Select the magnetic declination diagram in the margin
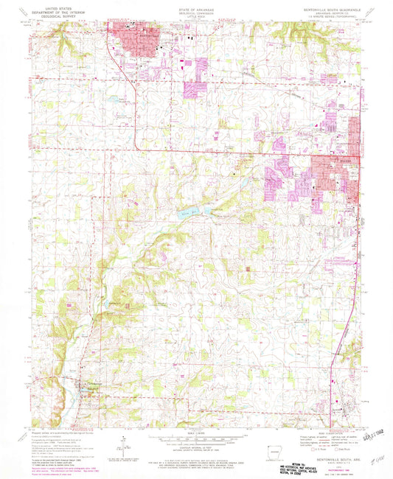(122, 440)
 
